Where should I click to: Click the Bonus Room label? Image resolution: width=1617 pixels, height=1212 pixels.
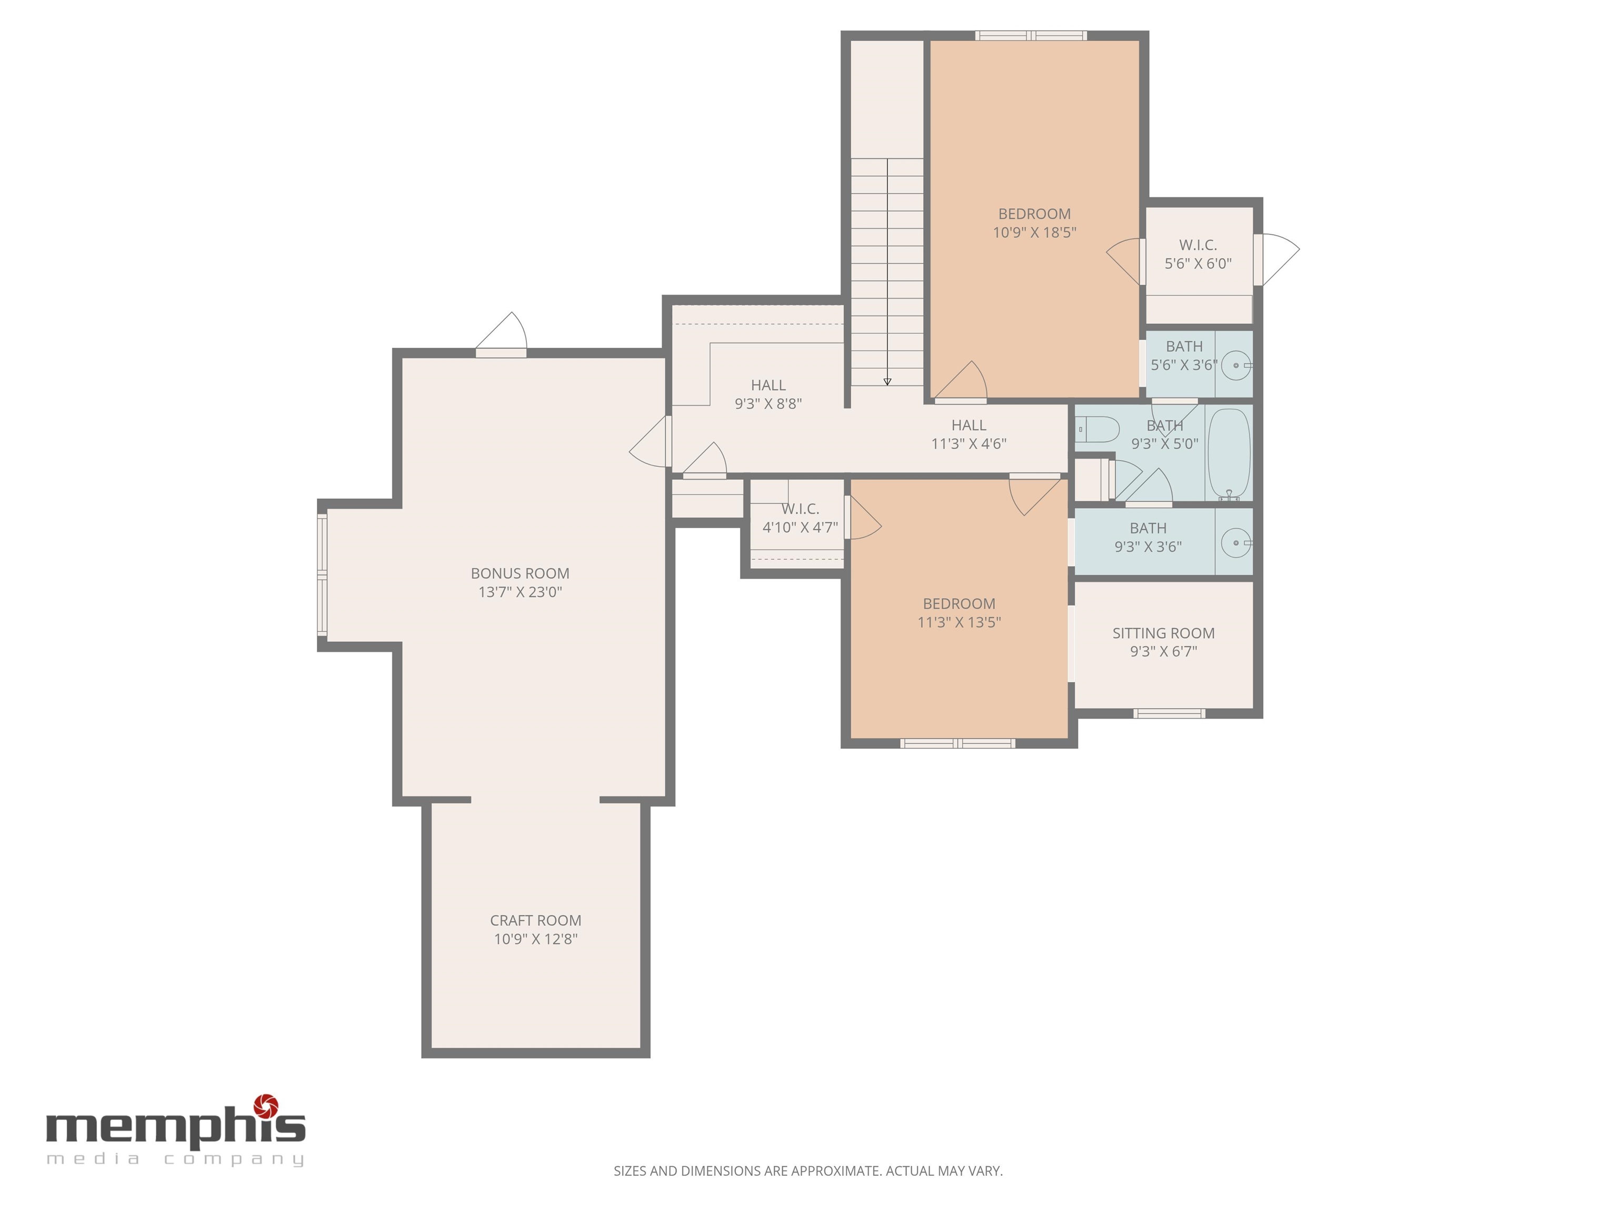pos(520,573)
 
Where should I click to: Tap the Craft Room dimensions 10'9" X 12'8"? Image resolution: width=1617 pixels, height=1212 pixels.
pos(536,939)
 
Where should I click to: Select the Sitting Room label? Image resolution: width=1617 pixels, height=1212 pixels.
pos(1164,633)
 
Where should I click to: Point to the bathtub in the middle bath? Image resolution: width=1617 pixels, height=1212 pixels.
pos(1229,453)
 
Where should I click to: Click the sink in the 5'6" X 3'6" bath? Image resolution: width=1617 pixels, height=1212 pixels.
pos(1236,365)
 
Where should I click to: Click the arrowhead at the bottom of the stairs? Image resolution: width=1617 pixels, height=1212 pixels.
pos(887,381)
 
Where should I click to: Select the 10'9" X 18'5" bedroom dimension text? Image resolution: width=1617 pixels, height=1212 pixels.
pos(1034,233)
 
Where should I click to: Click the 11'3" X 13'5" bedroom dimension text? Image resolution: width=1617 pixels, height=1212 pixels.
pos(959,622)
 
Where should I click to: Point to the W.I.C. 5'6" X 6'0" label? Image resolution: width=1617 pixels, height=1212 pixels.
pos(1198,254)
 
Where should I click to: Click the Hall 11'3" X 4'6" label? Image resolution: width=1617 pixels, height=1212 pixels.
pos(969,434)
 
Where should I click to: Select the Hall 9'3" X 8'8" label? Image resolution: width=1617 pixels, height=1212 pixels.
pos(768,394)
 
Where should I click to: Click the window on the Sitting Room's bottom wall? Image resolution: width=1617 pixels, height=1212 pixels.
pos(1169,713)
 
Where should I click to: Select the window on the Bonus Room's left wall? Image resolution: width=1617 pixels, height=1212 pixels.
pos(322,575)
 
